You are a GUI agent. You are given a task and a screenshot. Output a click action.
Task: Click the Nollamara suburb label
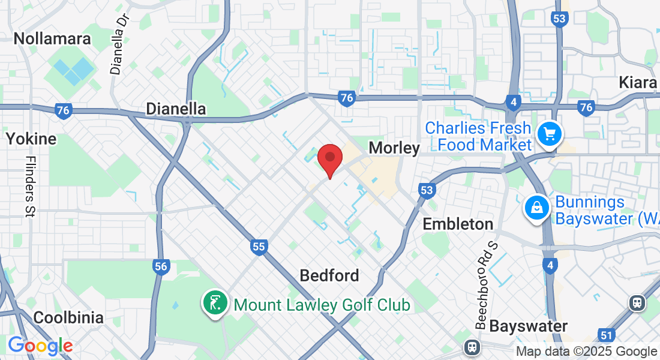[52, 39]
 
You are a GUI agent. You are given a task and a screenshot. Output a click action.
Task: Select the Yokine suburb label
[31, 139]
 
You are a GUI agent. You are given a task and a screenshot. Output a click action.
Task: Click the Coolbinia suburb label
[68, 317]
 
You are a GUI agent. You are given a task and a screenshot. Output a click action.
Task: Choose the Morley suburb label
[394, 148]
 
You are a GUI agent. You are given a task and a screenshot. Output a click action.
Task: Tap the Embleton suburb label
[458, 224]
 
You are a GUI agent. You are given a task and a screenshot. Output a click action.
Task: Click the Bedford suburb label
[329, 275]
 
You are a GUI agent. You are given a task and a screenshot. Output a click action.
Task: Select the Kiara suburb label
[638, 82]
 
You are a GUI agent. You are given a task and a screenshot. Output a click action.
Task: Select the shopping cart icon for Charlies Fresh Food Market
[549, 134]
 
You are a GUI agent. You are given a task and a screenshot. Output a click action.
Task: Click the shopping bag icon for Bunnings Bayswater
[536, 208]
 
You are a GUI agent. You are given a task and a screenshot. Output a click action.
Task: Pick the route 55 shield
[259, 246]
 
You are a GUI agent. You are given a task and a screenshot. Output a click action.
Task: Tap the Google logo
[40, 346]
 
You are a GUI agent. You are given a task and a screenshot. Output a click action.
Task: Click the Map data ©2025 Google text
[587, 352]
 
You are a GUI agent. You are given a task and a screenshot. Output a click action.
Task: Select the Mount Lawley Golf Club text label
[322, 305]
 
